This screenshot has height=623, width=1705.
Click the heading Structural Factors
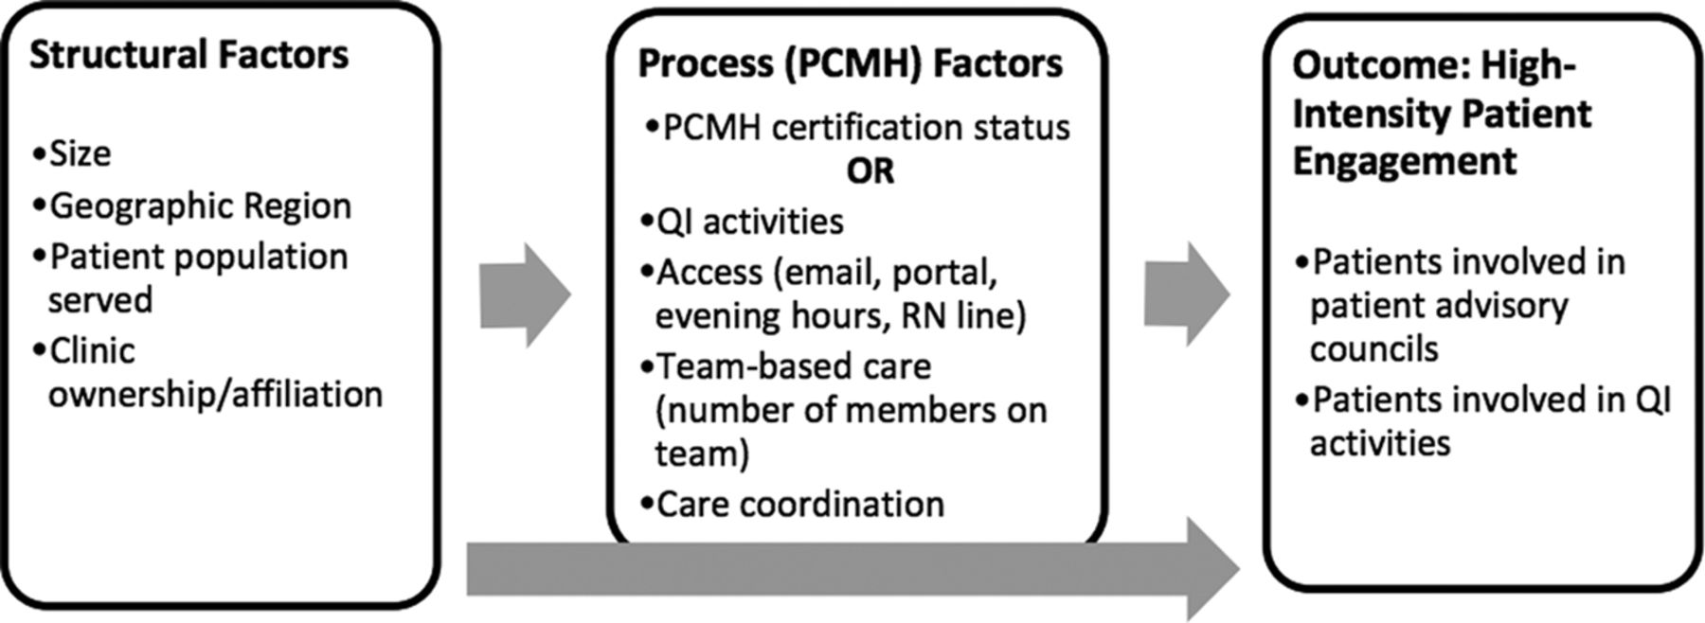[188, 55]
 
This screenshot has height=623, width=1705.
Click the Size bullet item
[71, 153]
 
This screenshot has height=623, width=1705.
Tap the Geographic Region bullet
[191, 205]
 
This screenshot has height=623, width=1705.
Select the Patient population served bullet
[190, 277]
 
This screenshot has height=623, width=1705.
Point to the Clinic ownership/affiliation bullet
[207, 372]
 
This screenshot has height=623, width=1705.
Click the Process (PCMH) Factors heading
[850, 63]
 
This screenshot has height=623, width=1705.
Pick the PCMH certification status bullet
[857, 127]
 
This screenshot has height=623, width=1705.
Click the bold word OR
[870, 171]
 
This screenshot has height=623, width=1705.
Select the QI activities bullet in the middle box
[742, 222]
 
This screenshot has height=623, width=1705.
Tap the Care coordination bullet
[792, 504]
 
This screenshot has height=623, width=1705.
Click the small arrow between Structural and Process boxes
[526, 294]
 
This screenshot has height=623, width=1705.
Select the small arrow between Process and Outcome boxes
[1187, 294]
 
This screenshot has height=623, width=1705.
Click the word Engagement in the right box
[1405, 161]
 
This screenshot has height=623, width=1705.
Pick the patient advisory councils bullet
[1460, 305]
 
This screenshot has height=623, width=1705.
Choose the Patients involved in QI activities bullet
[1483, 420]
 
